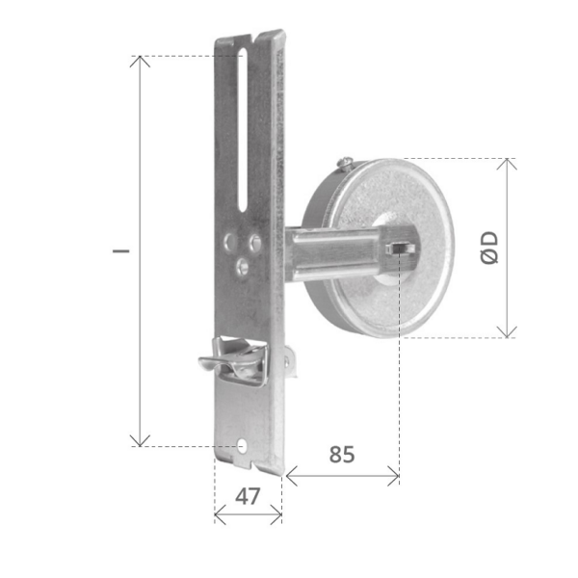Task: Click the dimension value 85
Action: (x=339, y=453)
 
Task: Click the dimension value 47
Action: (x=248, y=497)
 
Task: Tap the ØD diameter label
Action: (x=488, y=248)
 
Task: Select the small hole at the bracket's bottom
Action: (x=243, y=447)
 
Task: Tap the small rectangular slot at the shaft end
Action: (x=396, y=249)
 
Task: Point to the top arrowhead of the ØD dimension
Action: (x=508, y=163)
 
